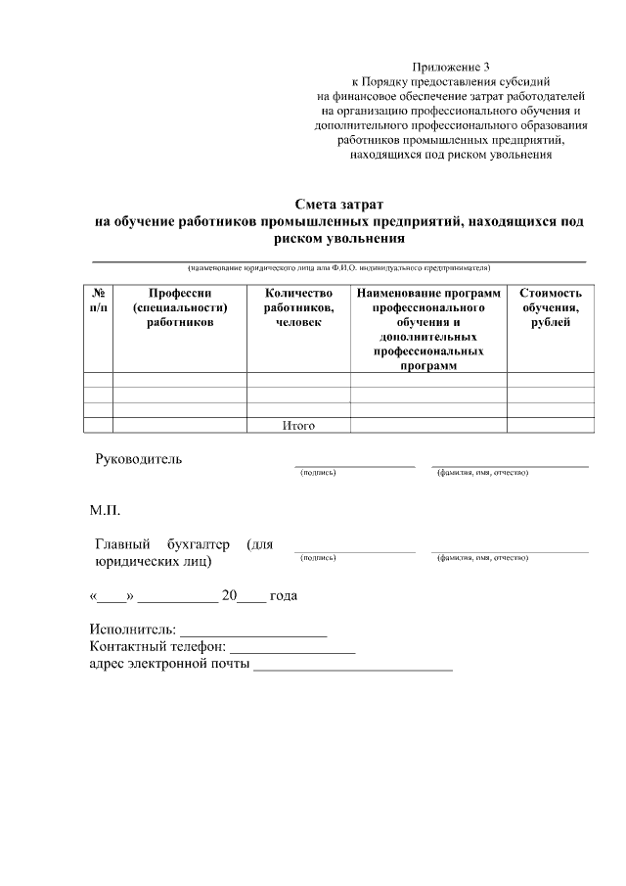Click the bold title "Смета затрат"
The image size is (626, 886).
[x=338, y=205]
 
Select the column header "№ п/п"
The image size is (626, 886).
[x=98, y=301]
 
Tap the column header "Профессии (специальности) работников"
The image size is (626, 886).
[x=180, y=307]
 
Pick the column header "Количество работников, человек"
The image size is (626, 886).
[x=298, y=307]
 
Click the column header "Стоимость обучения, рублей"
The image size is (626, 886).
[x=551, y=307]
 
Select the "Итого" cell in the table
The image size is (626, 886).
[x=298, y=425]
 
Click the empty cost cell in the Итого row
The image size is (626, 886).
[x=551, y=425]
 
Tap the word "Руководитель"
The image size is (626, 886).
[x=138, y=459]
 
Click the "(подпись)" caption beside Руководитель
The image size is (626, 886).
[x=318, y=473]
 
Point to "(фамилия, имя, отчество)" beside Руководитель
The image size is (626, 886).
[x=482, y=473]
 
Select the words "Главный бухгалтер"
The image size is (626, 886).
[x=162, y=543]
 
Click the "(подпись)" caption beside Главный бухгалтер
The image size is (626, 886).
[x=318, y=557]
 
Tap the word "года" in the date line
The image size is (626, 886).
[x=284, y=595]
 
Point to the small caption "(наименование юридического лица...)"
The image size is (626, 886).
[x=338, y=267]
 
